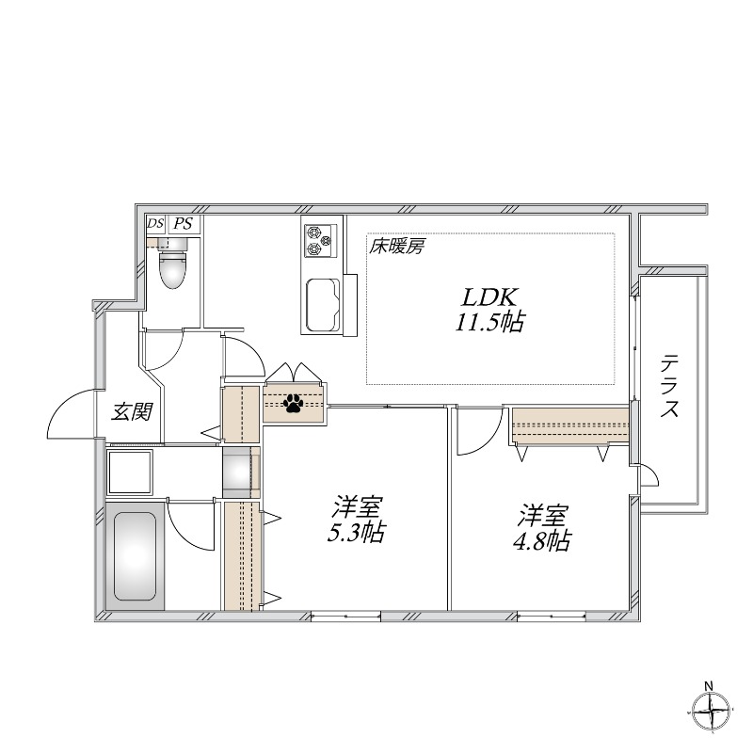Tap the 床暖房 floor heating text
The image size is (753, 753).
tap(397, 248)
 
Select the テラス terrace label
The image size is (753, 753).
tap(670, 386)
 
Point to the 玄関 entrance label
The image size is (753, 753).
tap(130, 411)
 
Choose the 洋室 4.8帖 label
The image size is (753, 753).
tap(544, 529)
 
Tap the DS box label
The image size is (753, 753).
tap(155, 224)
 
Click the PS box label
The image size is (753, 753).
tap(184, 224)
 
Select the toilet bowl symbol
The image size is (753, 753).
tap(173, 268)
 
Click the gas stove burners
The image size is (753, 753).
tap(319, 240)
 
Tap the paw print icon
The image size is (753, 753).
tap(294, 404)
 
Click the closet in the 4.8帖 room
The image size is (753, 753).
tap(569, 425)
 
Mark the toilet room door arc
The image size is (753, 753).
tap(160, 352)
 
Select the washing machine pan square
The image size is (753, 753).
tap(131, 472)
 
